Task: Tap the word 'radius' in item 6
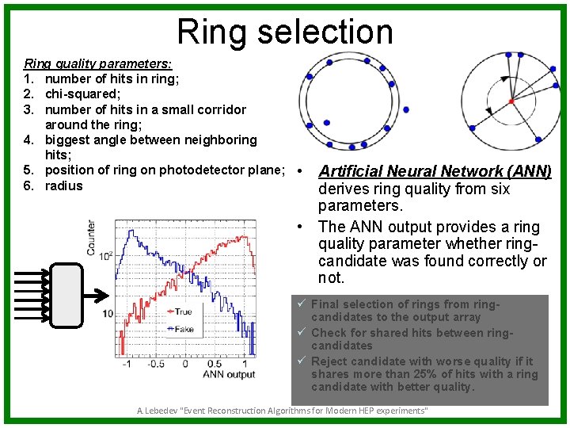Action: pyautogui.click(x=64, y=185)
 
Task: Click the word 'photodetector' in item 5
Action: pyautogui.click(x=198, y=170)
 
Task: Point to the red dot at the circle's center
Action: pyautogui.click(x=511, y=101)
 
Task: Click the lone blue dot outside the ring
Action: pyautogui.click(x=406, y=109)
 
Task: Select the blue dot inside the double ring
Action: pyautogui.click(x=328, y=123)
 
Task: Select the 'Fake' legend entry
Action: pyautogui.click(x=184, y=329)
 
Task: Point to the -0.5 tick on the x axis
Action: pyautogui.click(x=157, y=364)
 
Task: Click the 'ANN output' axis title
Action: pyautogui.click(x=230, y=374)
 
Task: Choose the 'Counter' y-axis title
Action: pyautogui.click(x=92, y=239)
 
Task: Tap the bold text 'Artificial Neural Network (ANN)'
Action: pyautogui.click(x=435, y=171)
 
